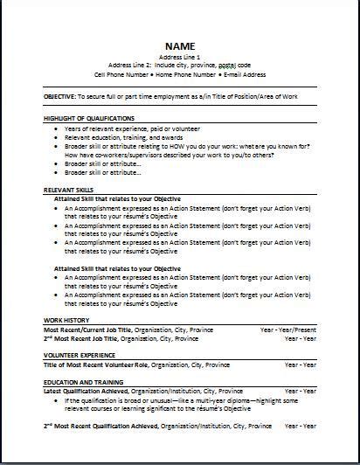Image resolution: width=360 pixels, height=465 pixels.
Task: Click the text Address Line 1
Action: pyautogui.click(x=179, y=57)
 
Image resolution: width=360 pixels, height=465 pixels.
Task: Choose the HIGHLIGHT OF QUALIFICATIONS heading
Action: pyautogui.click(x=89, y=117)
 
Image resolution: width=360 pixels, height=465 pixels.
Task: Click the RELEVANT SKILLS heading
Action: pyautogui.click(x=68, y=189)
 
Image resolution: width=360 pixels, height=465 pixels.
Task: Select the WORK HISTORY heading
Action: pyautogui.click(x=66, y=320)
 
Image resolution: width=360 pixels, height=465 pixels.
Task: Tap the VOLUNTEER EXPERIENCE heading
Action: pyautogui.click(x=79, y=355)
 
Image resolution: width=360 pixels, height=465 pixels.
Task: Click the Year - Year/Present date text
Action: pyautogui.click(x=287, y=329)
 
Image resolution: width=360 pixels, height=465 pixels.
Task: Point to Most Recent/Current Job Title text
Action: pyautogui.click(x=80, y=329)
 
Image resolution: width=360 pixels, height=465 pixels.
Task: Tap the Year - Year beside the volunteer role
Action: pyautogui.click(x=300, y=363)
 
